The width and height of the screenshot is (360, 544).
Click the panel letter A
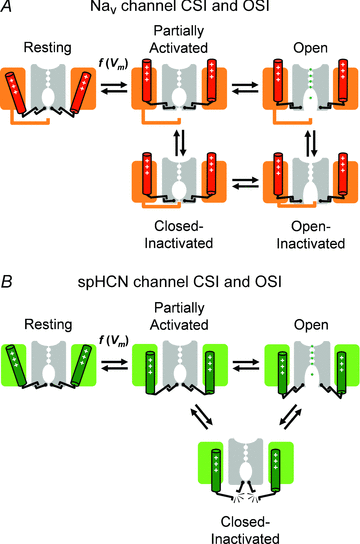tap(8, 9)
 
